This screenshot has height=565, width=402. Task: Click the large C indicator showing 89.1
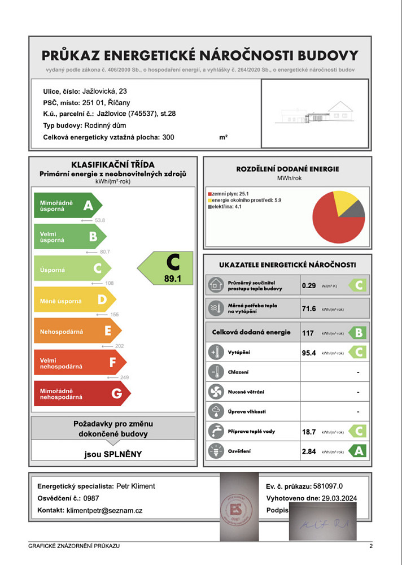[167, 268]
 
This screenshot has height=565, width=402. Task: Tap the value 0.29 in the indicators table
[309, 286]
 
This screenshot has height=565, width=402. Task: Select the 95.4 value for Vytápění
[309, 353]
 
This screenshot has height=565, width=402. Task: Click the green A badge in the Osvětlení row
[357, 451]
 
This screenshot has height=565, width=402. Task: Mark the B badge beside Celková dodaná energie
[357, 333]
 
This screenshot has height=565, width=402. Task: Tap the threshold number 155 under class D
[115, 315]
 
